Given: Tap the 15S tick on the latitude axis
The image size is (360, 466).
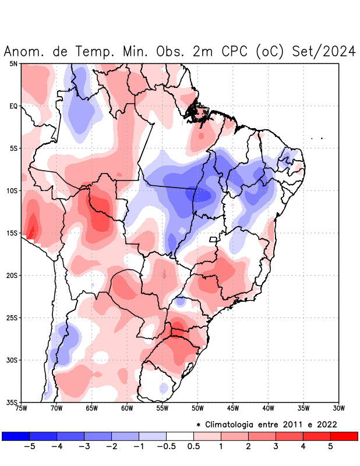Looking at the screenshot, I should click(x=12, y=233).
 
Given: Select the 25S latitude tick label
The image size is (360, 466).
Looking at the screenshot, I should click(x=12, y=317).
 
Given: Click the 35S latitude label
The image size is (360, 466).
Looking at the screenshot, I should click(x=12, y=402).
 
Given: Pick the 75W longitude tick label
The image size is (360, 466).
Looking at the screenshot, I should click(x=22, y=408).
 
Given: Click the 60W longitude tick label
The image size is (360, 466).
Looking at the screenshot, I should click(x=127, y=408).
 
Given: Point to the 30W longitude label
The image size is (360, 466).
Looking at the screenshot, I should click(x=338, y=408).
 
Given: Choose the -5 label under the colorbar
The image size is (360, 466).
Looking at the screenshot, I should click(x=29, y=446).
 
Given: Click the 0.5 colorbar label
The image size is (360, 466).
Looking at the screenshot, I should click(x=194, y=446).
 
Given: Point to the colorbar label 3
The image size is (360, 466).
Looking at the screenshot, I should click(x=276, y=446).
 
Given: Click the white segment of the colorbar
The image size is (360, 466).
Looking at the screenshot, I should click(x=180, y=436).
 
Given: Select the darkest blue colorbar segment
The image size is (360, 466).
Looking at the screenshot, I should click(x=16, y=436).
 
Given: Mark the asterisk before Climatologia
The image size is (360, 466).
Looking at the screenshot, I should click(x=198, y=424).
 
